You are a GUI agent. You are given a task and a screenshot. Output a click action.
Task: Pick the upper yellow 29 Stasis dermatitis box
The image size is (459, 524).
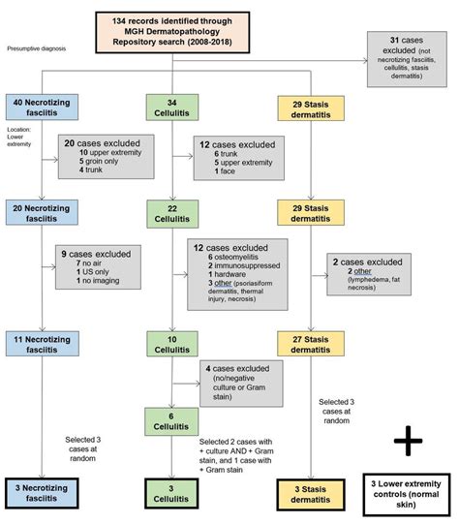click(x=310, y=108)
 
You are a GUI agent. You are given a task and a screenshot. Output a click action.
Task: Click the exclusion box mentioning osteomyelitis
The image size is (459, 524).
click(x=238, y=275)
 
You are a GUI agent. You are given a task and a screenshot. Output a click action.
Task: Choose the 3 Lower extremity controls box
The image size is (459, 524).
click(x=409, y=492)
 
